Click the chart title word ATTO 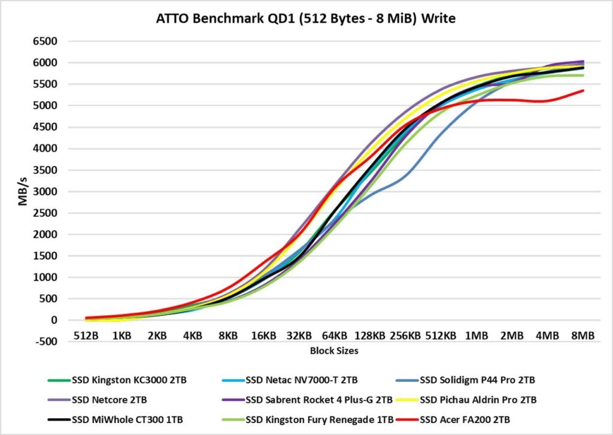[172, 19]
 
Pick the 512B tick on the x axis [86, 336]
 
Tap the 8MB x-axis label [582, 336]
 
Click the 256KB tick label [405, 336]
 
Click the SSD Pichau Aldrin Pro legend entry [478, 399]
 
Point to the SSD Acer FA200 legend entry [468, 418]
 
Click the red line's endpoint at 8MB [583, 90]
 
